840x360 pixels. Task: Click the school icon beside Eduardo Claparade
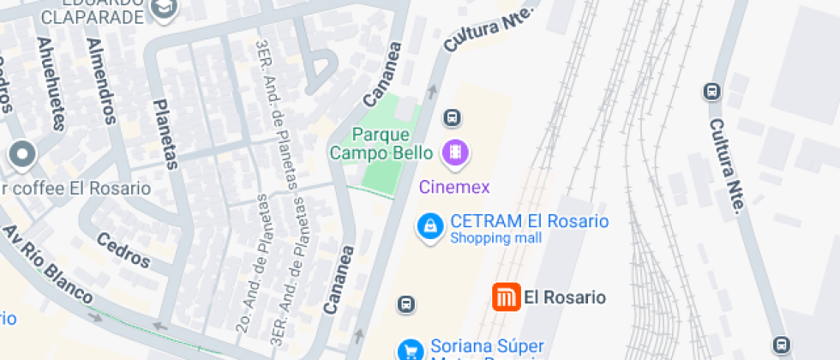tap(163, 7)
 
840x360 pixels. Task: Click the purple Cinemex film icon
tap(456, 153)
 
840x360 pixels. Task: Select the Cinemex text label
tap(453, 186)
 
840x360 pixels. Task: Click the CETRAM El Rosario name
tap(529, 221)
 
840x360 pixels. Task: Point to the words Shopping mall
tap(495, 238)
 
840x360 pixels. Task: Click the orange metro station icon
tap(506, 297)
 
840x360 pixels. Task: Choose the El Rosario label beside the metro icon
tap(564, 297)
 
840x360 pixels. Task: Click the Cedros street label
tap(123, 249)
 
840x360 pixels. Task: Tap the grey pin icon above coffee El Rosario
tap(22, 155)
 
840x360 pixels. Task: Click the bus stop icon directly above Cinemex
tap(453, 117)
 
